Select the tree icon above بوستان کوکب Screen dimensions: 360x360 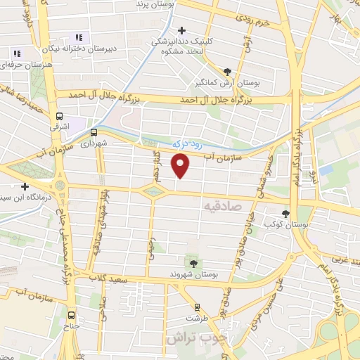click(x=285, y=214)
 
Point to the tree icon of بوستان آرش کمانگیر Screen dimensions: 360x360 click(x=226, y=71)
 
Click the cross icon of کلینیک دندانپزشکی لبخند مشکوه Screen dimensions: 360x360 click(x=182, y=30)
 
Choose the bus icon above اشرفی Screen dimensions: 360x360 click(x=59, y=117)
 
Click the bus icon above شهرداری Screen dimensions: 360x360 click(x=94, y=131)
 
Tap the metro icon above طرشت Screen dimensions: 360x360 click(x=197, y=307)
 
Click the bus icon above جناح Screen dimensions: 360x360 click(x=71, y=314)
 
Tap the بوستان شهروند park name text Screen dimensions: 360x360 click(x=194, y=274)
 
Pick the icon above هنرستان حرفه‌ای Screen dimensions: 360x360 click(x=16, y=53)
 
